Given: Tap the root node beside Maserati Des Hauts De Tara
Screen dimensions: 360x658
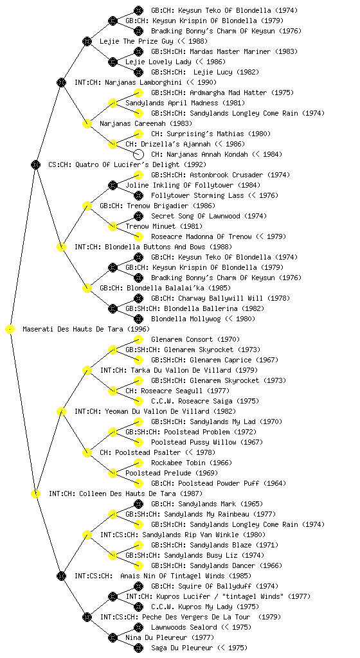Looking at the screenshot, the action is (x=10, y=330).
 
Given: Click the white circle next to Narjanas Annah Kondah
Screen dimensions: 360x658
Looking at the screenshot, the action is (x=138, y=154).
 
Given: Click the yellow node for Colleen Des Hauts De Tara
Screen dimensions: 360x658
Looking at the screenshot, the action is (x=35, y=494).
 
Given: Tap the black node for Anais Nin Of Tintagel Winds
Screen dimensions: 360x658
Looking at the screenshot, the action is (x=61, y=576).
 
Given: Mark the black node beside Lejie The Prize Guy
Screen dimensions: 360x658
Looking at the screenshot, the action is (x=87, y=41).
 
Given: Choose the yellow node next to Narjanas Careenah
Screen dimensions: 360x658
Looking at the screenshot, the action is (x=87, y=124).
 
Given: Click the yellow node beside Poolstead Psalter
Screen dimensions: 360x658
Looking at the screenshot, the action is (x=87, y=453).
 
